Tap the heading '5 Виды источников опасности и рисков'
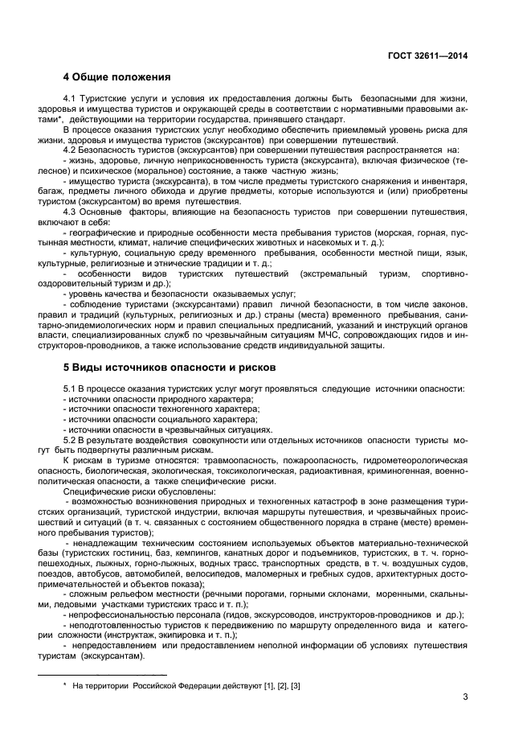170,368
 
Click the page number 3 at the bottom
465,697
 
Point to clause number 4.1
71,99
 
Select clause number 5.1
71,389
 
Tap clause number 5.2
71,441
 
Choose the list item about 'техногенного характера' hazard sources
160,409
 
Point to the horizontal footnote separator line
104,675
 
